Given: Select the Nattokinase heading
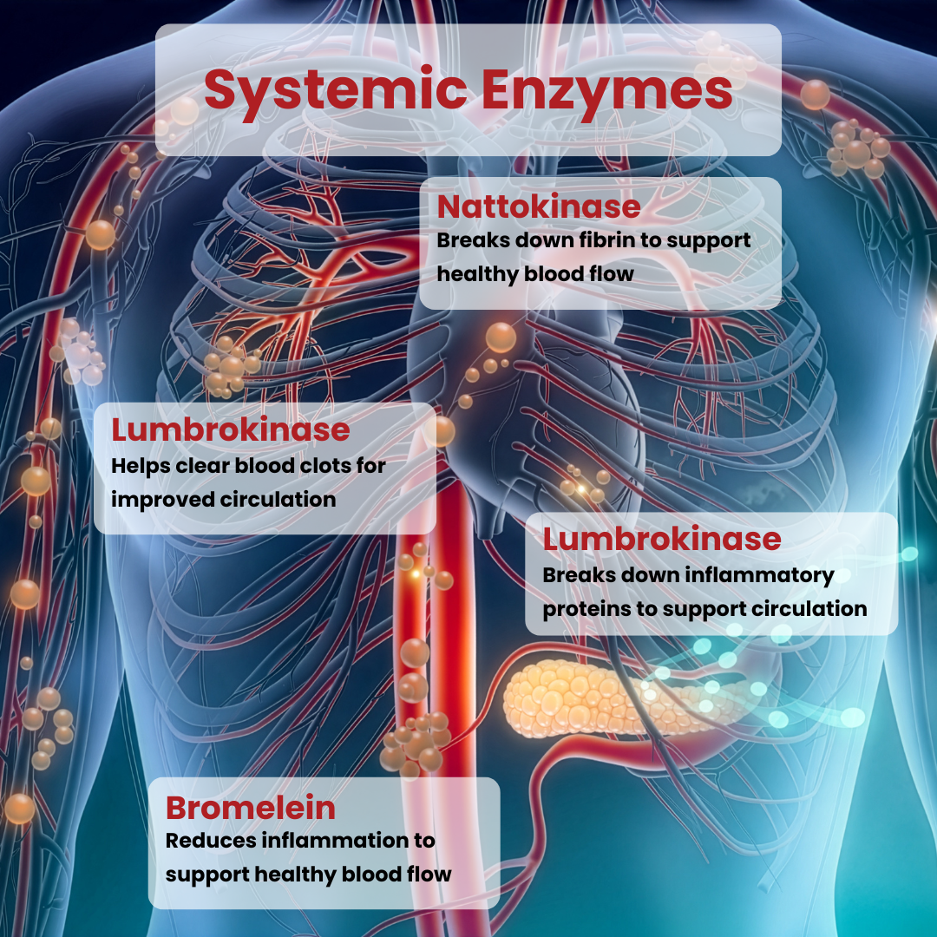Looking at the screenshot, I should [x=539, y=207].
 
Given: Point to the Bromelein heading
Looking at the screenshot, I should [x=251, y=808].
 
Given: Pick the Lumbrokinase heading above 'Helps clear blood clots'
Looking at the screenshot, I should [x=231, y=430].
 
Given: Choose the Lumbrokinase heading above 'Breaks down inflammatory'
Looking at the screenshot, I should [x=662, y=539].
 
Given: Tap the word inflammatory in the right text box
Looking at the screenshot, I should [x=760, y=574].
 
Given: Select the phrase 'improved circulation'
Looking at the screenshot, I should [x=223, y=500].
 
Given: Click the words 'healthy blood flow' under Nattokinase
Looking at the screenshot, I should [x=535, y=274].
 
